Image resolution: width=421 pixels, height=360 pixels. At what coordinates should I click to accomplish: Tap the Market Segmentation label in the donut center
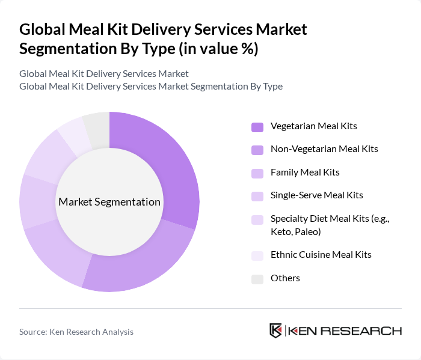point(109,202)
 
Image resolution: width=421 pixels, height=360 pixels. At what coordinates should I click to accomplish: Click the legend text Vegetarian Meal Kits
point(313,126)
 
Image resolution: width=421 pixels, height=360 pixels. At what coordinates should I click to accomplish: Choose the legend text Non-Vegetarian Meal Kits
point(324,149)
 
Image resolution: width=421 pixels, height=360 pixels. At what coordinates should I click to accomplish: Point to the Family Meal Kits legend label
point(305,172)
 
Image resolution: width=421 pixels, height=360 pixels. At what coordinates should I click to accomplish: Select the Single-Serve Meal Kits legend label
point(316,195)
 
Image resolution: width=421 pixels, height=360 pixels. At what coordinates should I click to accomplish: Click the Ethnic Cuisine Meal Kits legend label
point(321,255)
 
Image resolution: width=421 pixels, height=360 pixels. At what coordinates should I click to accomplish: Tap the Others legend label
point(285,278)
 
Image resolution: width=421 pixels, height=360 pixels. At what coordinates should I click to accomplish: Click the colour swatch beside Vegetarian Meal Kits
point(257,127)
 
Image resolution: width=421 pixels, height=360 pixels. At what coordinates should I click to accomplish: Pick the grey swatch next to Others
point(257,278)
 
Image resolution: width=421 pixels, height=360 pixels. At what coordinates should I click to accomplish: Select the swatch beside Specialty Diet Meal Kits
point(257,219)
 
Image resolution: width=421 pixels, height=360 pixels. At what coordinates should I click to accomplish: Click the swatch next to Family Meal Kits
point(257,173)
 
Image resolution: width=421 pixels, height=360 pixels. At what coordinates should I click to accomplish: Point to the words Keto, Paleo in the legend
point(296,232)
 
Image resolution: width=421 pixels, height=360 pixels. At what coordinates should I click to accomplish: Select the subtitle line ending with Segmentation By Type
point(150,86)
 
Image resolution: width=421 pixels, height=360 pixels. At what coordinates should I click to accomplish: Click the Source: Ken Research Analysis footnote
point(76,332)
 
